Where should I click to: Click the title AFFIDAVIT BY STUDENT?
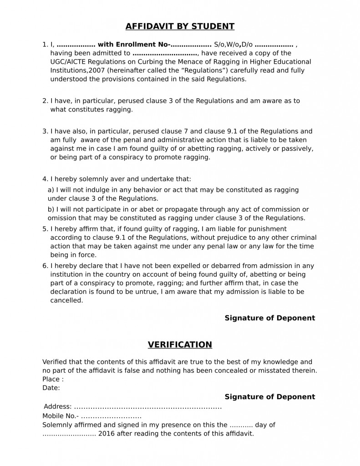click(180, 26)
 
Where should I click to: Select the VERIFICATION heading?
click(180, 344)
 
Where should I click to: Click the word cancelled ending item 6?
click(66, 300)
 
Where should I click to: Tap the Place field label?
click(53, 380)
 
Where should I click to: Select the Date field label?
click(51, 388)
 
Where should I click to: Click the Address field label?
click(57, 406)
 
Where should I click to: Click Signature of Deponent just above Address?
click(269, 397)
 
